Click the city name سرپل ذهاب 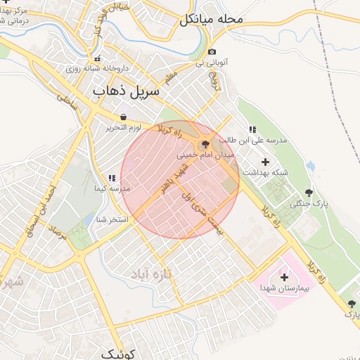click(x=127, y=91)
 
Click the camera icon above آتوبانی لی click(x=212, y=52)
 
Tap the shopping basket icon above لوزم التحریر click(x=124, y=117)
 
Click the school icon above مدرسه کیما click(x=112, y=179)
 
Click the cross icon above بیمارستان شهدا click(x=284, y=277)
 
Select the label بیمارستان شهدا click(x=284, y=289)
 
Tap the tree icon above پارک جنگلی click(x=309, y=193)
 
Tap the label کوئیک click(x=117, y=353)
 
